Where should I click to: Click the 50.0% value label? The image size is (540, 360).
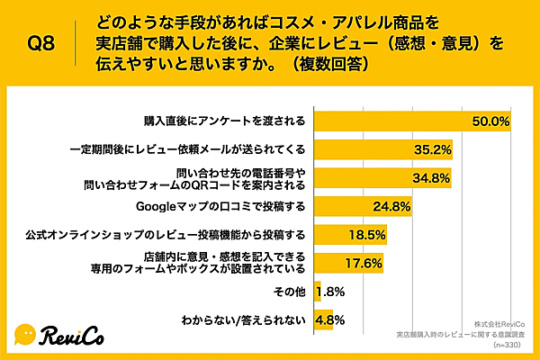click(492, 121)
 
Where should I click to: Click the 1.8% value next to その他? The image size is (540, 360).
click(334, 292)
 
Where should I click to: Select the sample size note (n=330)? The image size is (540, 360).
click(508, 345)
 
